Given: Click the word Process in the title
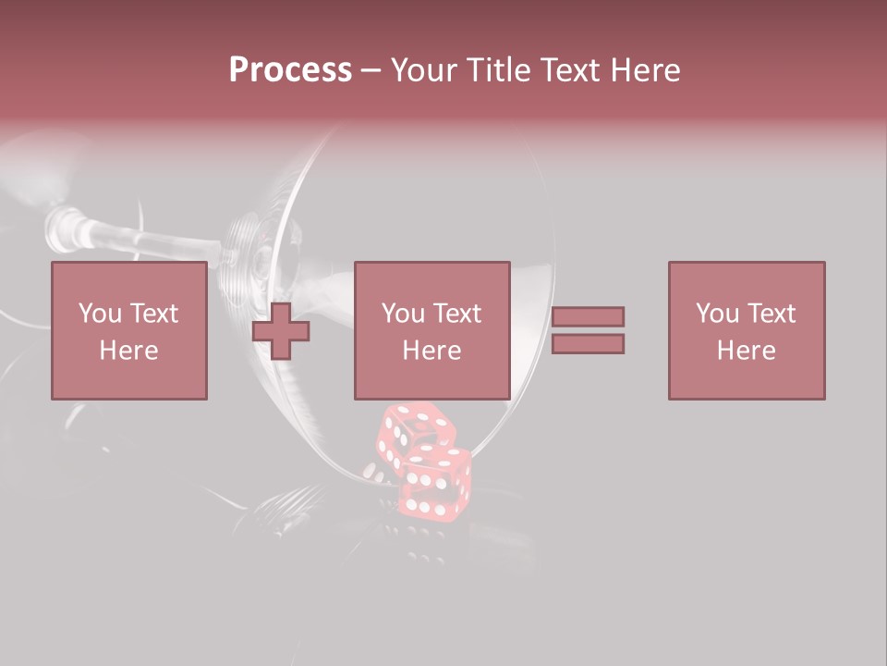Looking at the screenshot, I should click(x=290, y=70).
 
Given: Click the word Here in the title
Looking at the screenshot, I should click(x=647, y=70).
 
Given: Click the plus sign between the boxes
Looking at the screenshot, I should click(x=281, y=331).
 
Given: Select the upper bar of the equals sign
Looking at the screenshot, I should click(x=588, y=316).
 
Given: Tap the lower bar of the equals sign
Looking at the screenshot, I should click(x=588, y=343).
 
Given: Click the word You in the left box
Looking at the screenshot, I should click(x=100, y=314).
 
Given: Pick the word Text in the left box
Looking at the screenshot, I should click(x=153, y=314).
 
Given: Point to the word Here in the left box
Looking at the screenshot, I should click(x=128, y=351).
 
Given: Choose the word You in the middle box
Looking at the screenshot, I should click(x=404, y=314).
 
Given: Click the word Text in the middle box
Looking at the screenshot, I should click(x=457, y=314).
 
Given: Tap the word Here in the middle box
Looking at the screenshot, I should click(x=431, y=351).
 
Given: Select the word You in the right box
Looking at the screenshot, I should click(x=718, y=314).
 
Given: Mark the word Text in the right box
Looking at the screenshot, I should click(x=772, y=314).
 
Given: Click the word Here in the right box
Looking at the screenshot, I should click(x=746, y=351).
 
